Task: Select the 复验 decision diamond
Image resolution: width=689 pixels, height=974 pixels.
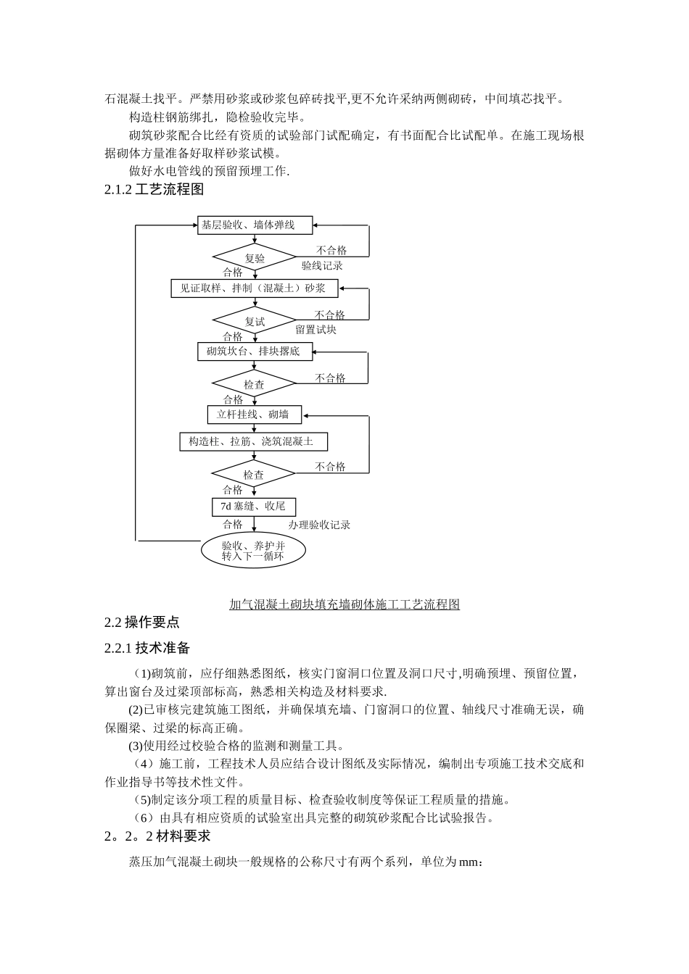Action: pos(255,258)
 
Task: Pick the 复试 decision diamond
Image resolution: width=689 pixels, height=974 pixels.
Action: pos(255,321)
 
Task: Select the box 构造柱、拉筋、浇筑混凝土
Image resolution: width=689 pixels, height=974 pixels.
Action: pos(254,441)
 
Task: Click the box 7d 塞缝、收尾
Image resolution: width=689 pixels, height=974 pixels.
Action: pos(254,507)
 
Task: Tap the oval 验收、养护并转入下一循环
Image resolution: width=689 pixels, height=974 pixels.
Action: pos(253,551)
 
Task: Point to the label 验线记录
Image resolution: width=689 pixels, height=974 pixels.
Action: pos(322,266)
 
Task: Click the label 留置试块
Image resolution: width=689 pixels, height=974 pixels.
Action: pos(315,330)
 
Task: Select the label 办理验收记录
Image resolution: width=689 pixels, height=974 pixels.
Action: pos(319,525)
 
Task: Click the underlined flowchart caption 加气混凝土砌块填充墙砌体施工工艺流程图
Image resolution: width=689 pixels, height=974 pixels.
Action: pos(344,604)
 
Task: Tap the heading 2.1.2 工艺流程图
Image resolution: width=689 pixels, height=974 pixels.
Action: pos(154,190)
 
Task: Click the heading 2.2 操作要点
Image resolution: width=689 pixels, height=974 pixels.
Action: pos(142,622)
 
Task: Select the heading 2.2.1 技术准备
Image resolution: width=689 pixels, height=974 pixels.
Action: pos(147,648)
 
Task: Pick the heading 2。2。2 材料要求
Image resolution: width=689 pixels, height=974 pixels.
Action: pos(157,836)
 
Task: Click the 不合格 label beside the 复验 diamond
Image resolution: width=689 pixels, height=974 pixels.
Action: pos(331,251)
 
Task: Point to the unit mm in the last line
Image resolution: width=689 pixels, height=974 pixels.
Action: pos(469,862)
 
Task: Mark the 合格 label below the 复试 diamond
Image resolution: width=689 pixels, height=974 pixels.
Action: pos(233,336)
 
